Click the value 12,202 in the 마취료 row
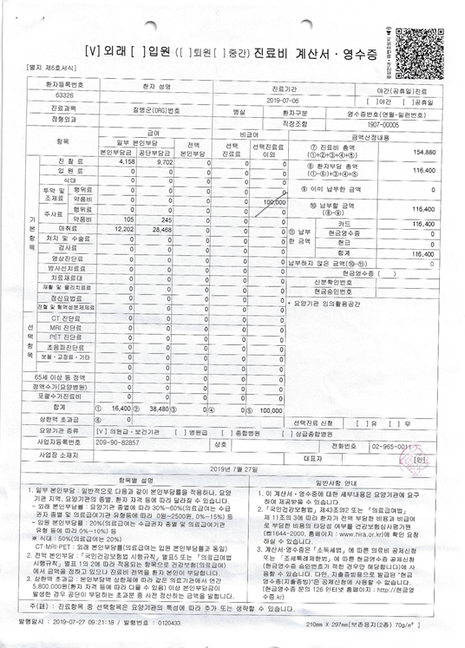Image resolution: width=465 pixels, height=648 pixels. [x=122, y=229]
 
